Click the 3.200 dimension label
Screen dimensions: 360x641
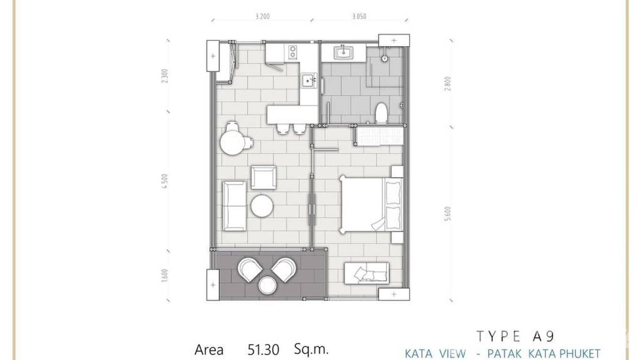point(263,16)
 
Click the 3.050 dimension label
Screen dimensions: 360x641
point(359,16)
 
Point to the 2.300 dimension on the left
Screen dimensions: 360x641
point(164,76)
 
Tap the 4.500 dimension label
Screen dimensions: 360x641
point(164,181)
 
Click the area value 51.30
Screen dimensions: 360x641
point(263,350)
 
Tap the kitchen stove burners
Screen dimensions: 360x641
point(293,52)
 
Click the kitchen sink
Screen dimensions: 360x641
point(308,81)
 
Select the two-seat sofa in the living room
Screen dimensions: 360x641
point(234,206)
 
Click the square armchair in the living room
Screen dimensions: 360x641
point(263,178)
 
